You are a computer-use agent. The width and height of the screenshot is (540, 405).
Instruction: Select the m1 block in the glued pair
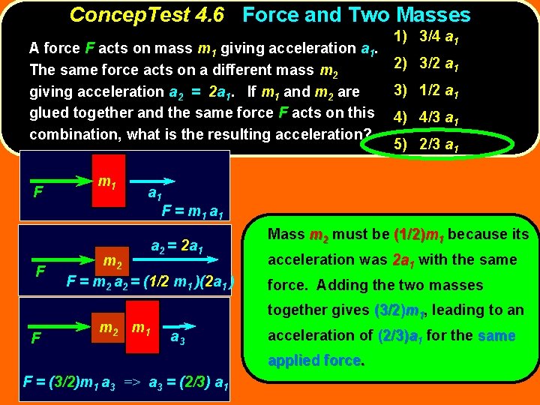point(140,328)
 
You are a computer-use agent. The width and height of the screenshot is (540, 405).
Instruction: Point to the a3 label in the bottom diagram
point(178,337)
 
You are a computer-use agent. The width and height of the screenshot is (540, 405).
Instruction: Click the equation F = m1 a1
point(192,211)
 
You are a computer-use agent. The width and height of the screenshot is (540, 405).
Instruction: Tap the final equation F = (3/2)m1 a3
point(127,382)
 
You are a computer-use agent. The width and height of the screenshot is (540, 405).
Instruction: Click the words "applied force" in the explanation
point(316,361)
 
